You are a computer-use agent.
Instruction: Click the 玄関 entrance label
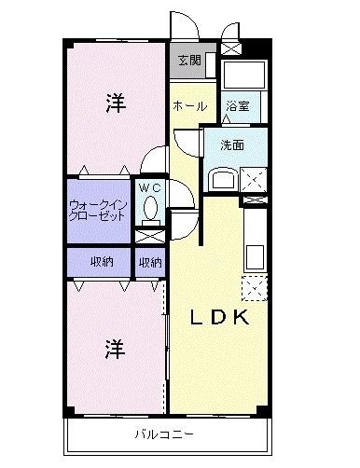[189, 61]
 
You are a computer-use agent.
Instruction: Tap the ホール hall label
[189, 105]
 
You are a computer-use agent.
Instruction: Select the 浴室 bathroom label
[237, 107]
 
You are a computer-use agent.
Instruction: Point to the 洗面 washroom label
[232, 145]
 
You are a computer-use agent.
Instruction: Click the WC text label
[149, 186]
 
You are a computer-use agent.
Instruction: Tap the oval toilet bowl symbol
[149, 205]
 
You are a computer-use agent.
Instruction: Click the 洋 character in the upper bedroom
[114, 104]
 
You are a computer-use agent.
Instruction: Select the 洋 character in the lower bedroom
[114, 350]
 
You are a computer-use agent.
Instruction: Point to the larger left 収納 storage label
[102, 262]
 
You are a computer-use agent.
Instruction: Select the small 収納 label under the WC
[150, 262]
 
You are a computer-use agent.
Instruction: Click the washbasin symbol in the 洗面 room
[223, 177]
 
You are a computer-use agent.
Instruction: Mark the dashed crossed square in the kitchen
[254, 288]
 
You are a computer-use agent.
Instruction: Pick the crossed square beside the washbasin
[253, 176]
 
